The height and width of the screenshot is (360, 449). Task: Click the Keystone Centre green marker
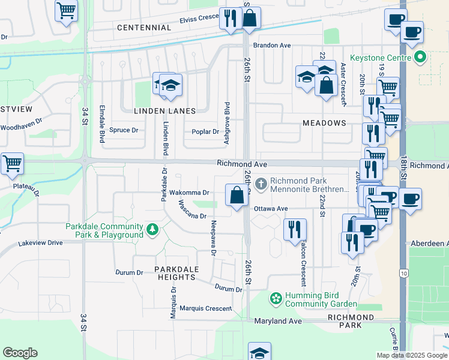pyautogui.click(x=420, y=58)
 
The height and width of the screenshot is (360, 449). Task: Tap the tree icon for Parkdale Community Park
pyautogui.click(x=153, y=229)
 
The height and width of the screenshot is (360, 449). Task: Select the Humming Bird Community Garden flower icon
pyautogui.click(x=276, y=298)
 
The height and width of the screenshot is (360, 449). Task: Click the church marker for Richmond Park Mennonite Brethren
pyautogui.click(x=261, y=183)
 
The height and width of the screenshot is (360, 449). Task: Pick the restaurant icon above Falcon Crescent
pyautogui.click(x=295, y=229)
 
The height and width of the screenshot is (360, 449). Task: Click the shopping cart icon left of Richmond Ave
pyautogui.click(x=12, y=163)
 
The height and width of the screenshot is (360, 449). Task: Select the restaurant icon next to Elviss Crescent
pyautogui.click(x=230, y=18)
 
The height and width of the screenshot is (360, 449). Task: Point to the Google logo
pyautogui.click(x=20, y=353)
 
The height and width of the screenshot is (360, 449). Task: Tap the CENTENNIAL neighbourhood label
pyautogui.click(x=144, y=28)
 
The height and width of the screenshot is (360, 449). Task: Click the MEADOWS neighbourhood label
pyautogui.click(x=324, y=123)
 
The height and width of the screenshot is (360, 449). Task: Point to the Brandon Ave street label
pyautogui.click(x=271, y=45)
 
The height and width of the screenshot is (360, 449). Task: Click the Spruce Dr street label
pyautogui.click(x=123, y=130)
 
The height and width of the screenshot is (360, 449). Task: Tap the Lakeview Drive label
pyautogui.click(x=40, y=243)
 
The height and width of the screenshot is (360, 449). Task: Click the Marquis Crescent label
pyautogui.click(x=205, y=308)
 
